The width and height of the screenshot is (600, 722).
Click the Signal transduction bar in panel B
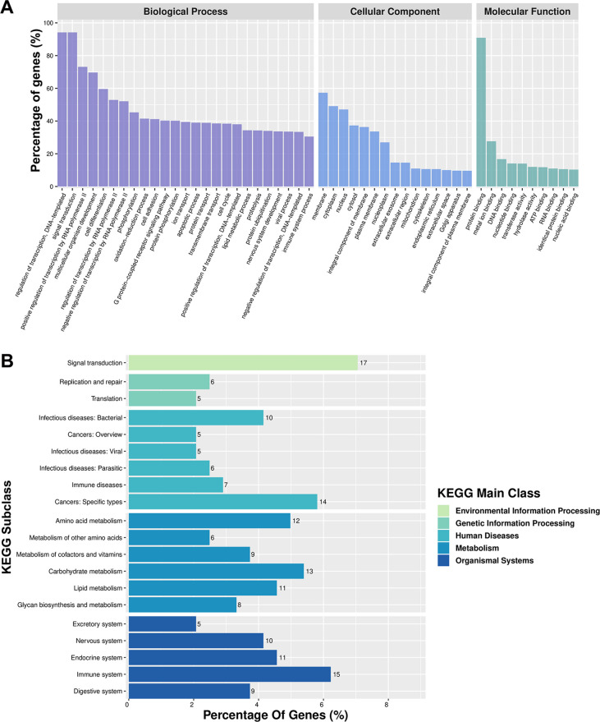242,362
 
